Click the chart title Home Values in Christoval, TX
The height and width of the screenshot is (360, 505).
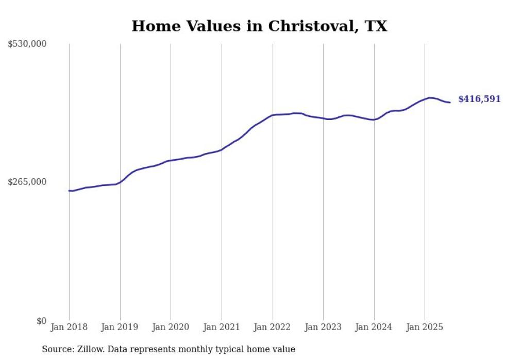pyautogui.click(x=259, y=26)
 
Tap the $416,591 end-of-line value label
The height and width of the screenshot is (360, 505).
pyautogui.click(x=479, y=99)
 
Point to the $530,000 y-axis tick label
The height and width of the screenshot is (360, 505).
pyautogui.click(x=27, y=44)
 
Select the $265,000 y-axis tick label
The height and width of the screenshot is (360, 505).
pyautogui.click(x=27, y=182)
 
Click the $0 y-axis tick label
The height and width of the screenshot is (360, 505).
pyautogui.click(x=41, y=321)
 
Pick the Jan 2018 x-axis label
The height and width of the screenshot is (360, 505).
pyautogui.click(x=69, y=327)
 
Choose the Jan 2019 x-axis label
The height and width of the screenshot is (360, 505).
pyautogui.click(x=120, y=327)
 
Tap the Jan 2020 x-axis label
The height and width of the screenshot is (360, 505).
pyautogui.click(x=171, y=327)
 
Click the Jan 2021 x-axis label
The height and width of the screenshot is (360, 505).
pyautogui.click(x=222, y=327)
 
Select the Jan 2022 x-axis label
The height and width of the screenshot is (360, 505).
pyautogui.click(x=273, y=327)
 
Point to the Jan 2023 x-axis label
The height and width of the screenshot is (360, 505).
pyautogui.click(x=323, y=327)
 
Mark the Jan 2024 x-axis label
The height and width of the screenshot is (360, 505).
pyautogui.click(x=374, y=327)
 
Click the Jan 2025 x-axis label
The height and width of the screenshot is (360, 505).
pyautogui.click(x=425, y=327)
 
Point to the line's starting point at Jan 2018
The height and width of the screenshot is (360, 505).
pyautogui.click(x=69, y=191)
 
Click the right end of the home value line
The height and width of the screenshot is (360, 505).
pyautogui.click(x=450, y=102)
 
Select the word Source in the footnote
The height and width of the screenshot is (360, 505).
pyautogui.click(x=57, y=349)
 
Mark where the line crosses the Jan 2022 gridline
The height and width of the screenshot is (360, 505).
pyautogui.click(x=273, y=115)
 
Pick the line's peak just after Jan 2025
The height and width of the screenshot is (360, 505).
pyautogui.click(x=430, y=97)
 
